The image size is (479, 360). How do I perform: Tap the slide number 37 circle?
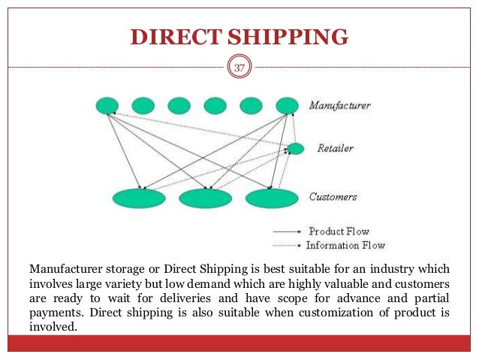(239, 68)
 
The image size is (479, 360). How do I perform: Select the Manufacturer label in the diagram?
(340, 106)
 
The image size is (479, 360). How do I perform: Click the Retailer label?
(336, 148)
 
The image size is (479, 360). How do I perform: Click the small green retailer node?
(295, 149)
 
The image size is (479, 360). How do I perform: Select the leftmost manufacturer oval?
(107, 106)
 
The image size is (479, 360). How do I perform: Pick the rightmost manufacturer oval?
(287, 106)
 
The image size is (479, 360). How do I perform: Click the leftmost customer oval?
(139, 198)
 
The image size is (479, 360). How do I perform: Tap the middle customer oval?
(205, 198)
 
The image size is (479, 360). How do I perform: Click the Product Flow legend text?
(339, 231)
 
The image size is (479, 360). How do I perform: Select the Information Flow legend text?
(345, 245)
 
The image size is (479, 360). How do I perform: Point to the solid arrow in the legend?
(288, 231)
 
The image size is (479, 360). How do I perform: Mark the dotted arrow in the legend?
(286, 246)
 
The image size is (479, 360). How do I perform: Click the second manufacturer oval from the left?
(143, 106)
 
